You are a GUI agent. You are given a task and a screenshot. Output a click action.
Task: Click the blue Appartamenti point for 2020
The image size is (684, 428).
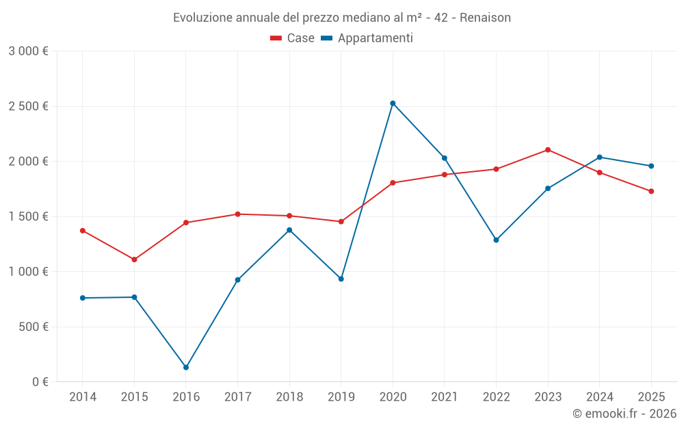[393, 103]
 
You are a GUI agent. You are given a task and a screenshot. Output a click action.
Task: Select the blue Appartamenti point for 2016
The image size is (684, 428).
[186, 368]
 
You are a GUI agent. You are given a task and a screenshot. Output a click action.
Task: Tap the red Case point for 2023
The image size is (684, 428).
[548, 150]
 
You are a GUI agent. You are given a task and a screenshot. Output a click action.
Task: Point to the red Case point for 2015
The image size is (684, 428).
[134, 260]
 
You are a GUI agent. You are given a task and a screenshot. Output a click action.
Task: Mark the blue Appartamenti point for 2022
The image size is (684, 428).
[496, 240]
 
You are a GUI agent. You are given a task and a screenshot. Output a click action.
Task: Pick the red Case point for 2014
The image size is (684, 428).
[83, 231]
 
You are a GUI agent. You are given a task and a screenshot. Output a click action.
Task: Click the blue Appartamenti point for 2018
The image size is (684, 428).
[289, 230]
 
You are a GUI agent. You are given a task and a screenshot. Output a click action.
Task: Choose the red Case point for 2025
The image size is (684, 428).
[651, 191]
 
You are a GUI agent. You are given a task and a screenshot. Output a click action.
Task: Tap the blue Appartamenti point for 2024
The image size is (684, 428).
[600, 158]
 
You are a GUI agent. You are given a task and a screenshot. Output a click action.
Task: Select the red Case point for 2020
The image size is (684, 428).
[393, 183]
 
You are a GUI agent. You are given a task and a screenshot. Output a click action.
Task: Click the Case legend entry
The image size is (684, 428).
[293, 38]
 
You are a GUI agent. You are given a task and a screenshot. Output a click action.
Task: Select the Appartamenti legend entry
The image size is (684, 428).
[367, 38]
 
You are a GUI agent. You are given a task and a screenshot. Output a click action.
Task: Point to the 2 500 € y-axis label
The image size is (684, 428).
[28, 106]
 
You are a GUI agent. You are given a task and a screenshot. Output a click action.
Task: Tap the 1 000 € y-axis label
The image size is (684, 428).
[28, 271]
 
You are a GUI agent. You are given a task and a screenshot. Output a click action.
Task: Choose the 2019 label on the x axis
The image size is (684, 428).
[341, 397]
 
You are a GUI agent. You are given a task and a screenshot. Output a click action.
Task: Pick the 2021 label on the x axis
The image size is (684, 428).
[444, 397]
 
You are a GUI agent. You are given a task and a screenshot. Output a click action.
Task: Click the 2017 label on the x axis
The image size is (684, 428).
[237, 397]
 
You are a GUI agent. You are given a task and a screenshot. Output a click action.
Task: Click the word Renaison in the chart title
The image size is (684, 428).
[485, 18]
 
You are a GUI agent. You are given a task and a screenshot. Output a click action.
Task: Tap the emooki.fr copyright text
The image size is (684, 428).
[624, 414]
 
